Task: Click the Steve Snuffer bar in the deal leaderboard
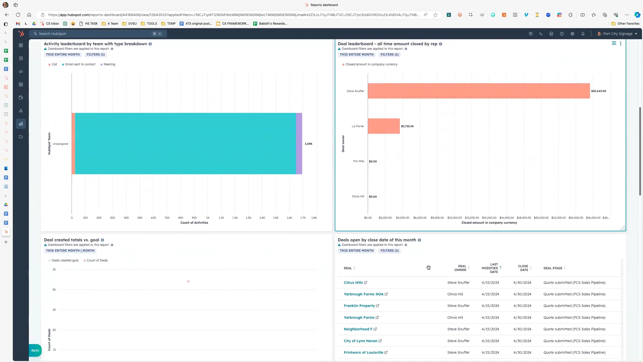478,91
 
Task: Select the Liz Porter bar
384,126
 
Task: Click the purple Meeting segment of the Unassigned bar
299,144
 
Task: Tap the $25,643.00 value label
598,91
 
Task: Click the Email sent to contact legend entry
80,64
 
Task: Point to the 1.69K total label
308,144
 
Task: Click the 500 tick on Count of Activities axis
140,218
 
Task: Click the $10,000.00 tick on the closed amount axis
454,218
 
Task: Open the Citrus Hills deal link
353,283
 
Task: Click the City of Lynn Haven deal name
360,341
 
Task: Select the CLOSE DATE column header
523,268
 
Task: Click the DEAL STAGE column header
553,268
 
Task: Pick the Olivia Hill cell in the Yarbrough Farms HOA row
455,294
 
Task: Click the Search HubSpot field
95,34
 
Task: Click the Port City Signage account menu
618,34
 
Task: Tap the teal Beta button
35,350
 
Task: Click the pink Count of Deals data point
188,281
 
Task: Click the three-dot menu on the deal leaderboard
621,44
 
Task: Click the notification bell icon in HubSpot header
583,34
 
